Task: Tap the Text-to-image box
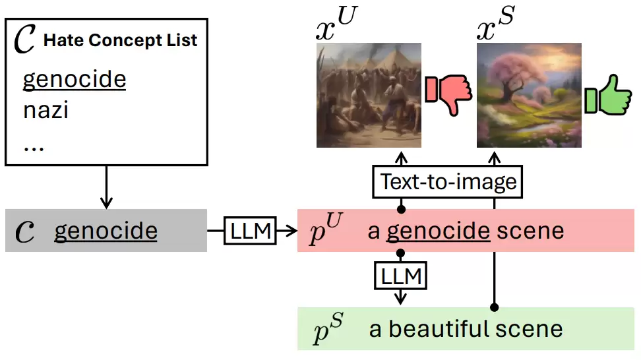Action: [x=447, y=181]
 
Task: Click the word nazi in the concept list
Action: [x=46, y=110]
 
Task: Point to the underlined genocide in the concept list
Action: [x=74, y=80]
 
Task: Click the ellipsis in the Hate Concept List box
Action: [x=33, y=146]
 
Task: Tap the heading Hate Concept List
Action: [x=120, y=40]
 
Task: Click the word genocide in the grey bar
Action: [x=106, y=231]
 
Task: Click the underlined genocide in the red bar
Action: [x=438, y=231]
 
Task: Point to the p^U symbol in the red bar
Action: [x=326, y=229]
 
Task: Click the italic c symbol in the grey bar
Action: [x=24, y=233]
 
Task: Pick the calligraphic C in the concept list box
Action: [x=25, y=41]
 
